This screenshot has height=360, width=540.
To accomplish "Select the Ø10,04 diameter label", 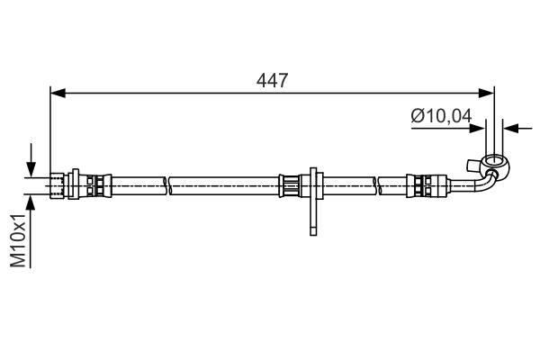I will click(441, 115).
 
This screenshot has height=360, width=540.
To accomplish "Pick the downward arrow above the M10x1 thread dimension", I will click(32, 168).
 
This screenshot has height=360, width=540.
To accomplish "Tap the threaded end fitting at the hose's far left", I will click(61, 185).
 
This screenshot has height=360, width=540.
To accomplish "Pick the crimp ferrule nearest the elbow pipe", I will click(425, 185).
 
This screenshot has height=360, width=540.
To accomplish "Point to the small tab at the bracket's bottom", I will click(312, 230).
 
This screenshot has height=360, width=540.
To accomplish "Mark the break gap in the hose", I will click(168, 185).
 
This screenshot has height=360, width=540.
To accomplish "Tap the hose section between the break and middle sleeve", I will click(225, 185).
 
